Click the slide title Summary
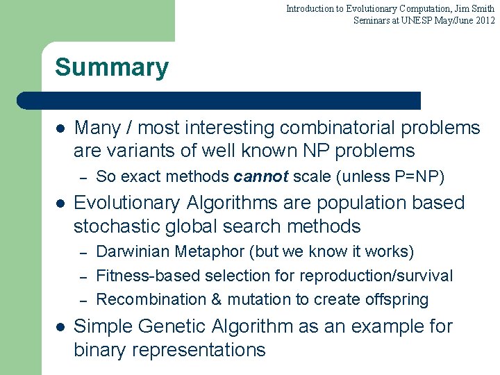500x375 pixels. click(111, 68)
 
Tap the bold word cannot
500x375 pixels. click(261, 177)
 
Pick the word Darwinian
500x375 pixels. click(133, 251)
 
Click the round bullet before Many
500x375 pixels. click(60, 128)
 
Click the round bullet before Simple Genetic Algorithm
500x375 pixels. click(60, 327)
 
